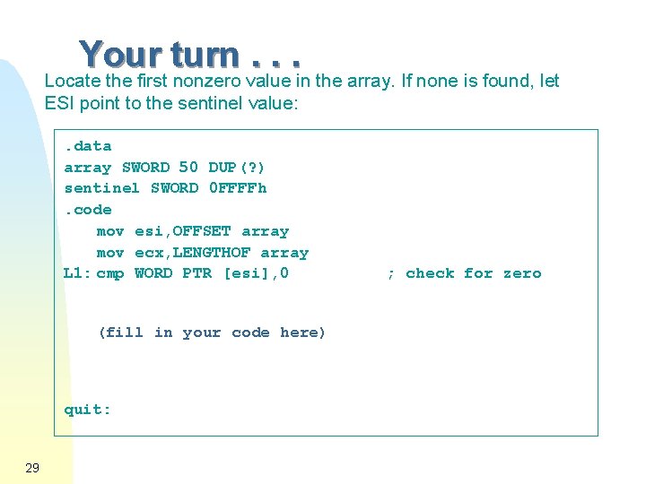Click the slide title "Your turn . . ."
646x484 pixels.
189,55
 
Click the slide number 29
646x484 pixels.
32,468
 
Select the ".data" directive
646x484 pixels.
88,146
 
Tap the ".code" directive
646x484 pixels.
88,210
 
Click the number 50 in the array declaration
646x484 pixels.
188,167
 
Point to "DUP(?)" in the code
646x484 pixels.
237,168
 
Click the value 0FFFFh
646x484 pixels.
238,188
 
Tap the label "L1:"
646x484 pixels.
76,273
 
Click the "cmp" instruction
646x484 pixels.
110,273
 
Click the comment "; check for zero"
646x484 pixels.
464,273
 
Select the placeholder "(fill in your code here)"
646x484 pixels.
212,333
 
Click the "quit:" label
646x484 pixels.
88,410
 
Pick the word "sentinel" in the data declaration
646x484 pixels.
101,188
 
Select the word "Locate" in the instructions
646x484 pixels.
71,81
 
